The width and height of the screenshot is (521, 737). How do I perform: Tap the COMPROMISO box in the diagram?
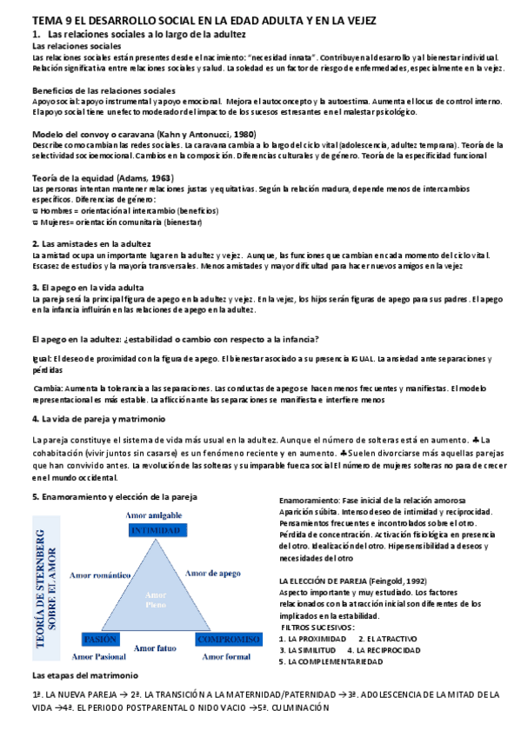click(x=229, y=640)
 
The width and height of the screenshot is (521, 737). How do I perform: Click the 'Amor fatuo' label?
click(x=157, y=647)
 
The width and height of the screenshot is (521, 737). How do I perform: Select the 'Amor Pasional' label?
click(x=99, y=657)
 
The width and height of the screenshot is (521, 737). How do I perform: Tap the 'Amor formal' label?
click(x=227, y=657)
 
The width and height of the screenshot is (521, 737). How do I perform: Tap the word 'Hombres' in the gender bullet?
click(x=56, y=211)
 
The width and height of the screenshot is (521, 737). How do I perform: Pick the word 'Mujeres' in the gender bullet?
click(x=55, y=222)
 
